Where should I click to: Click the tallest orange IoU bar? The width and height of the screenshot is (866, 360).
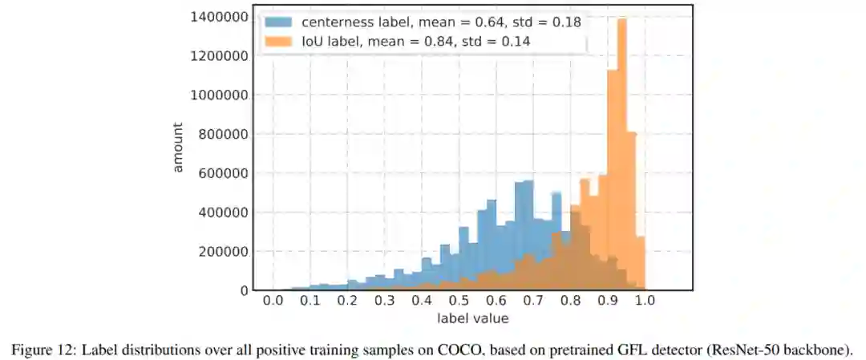(621, 160)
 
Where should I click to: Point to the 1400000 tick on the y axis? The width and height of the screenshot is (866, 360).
(217, 17)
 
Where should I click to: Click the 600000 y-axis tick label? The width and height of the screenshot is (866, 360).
(221, 173)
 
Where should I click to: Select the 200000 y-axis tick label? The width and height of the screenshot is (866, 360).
(221, 251)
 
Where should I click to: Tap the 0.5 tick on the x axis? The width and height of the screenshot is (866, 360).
(459, 301)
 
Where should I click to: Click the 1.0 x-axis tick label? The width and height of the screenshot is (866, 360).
(645, 301)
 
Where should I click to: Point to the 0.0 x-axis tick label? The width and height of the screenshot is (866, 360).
(273, 301)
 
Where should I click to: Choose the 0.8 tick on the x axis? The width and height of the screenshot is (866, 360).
(570, 301)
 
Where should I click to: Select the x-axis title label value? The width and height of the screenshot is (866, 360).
(472, 319)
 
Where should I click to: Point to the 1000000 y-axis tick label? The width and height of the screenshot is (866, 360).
(217, 95)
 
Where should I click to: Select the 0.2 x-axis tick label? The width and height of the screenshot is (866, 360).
(347, 301)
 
